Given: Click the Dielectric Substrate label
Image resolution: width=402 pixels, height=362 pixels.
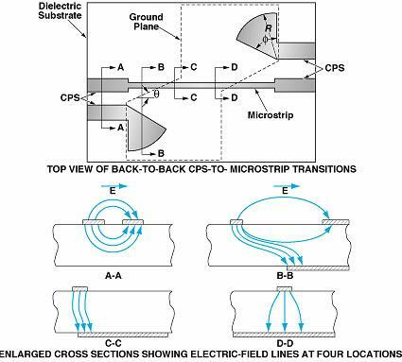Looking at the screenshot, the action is click(60, 10).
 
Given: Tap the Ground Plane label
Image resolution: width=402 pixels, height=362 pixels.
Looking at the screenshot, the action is click(146, 22).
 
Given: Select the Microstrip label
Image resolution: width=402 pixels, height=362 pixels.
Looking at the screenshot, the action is click(271, 115).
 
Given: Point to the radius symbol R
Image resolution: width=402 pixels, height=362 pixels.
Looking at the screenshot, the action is click(269, 28).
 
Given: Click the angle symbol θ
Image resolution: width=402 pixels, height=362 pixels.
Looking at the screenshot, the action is click(156, 94).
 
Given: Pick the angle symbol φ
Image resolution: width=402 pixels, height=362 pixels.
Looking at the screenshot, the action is click(265, 40).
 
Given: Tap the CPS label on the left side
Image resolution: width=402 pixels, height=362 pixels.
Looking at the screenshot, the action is click(70, 97).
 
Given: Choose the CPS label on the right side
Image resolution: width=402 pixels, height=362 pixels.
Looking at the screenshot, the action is click(335, 68).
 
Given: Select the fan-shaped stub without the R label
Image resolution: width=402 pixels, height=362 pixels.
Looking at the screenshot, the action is click(144, 126).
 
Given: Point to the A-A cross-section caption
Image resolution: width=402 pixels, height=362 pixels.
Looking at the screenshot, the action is click(114, 276).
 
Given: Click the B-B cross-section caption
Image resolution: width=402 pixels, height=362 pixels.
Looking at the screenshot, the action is click(285, 276).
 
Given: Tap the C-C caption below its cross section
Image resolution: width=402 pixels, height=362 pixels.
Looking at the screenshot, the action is click(113, 343).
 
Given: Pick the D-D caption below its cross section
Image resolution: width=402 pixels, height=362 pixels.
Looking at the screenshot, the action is click(285, 343).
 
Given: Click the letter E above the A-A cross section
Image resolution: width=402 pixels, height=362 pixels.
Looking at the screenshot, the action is click(113, 192).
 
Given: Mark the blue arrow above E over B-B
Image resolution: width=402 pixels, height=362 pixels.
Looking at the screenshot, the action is click(286, 186).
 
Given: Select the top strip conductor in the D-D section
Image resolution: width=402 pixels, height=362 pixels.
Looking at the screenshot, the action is click(285, 289).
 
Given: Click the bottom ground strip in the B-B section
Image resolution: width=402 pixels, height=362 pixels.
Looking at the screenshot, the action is click(318, 268).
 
